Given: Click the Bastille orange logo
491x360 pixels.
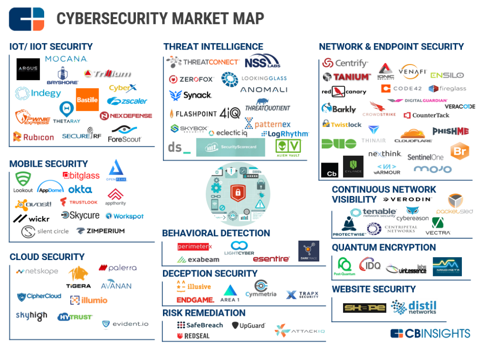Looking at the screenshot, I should [87, 100].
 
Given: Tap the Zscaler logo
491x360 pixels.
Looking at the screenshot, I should [127, 101].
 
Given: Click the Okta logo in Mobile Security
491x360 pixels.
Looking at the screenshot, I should [80, 189].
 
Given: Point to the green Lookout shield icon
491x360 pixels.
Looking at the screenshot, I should [23, 179].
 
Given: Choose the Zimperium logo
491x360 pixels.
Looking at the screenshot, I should [100, 231].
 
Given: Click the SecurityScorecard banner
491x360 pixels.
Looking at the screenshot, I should [230, 147].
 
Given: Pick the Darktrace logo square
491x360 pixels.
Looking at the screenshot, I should [309, 251].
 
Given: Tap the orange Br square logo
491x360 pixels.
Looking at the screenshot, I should [459, 151].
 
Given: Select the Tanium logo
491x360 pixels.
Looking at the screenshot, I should [346, 77].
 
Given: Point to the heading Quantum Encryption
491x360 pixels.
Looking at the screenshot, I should [384, 247].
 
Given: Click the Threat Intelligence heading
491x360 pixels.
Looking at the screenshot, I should [213, 47].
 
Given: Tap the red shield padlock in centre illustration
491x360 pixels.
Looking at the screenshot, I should [238, 193].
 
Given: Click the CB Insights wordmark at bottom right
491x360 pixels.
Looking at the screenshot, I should [430, 333].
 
